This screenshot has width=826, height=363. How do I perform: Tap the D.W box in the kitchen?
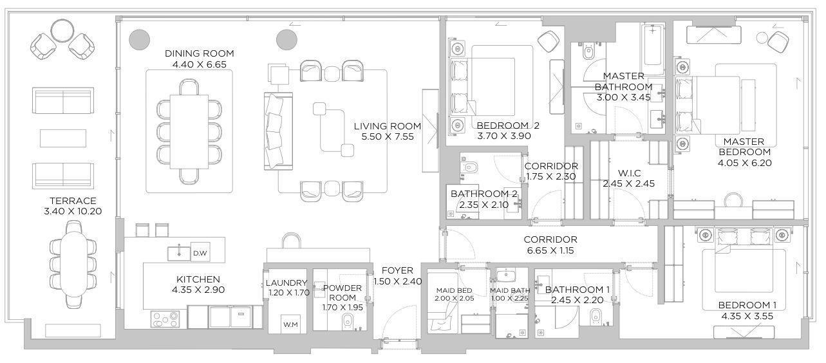point(200,253)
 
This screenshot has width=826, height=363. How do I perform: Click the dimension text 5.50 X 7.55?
point(388,137)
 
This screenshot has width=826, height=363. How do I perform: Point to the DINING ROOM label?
point(199,53)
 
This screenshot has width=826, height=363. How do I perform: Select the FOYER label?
point(397,270)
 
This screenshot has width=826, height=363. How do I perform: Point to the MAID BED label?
point(454,290)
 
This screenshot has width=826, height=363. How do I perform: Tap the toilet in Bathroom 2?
point(471,167)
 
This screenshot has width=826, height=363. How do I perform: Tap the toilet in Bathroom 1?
point(596,315)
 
